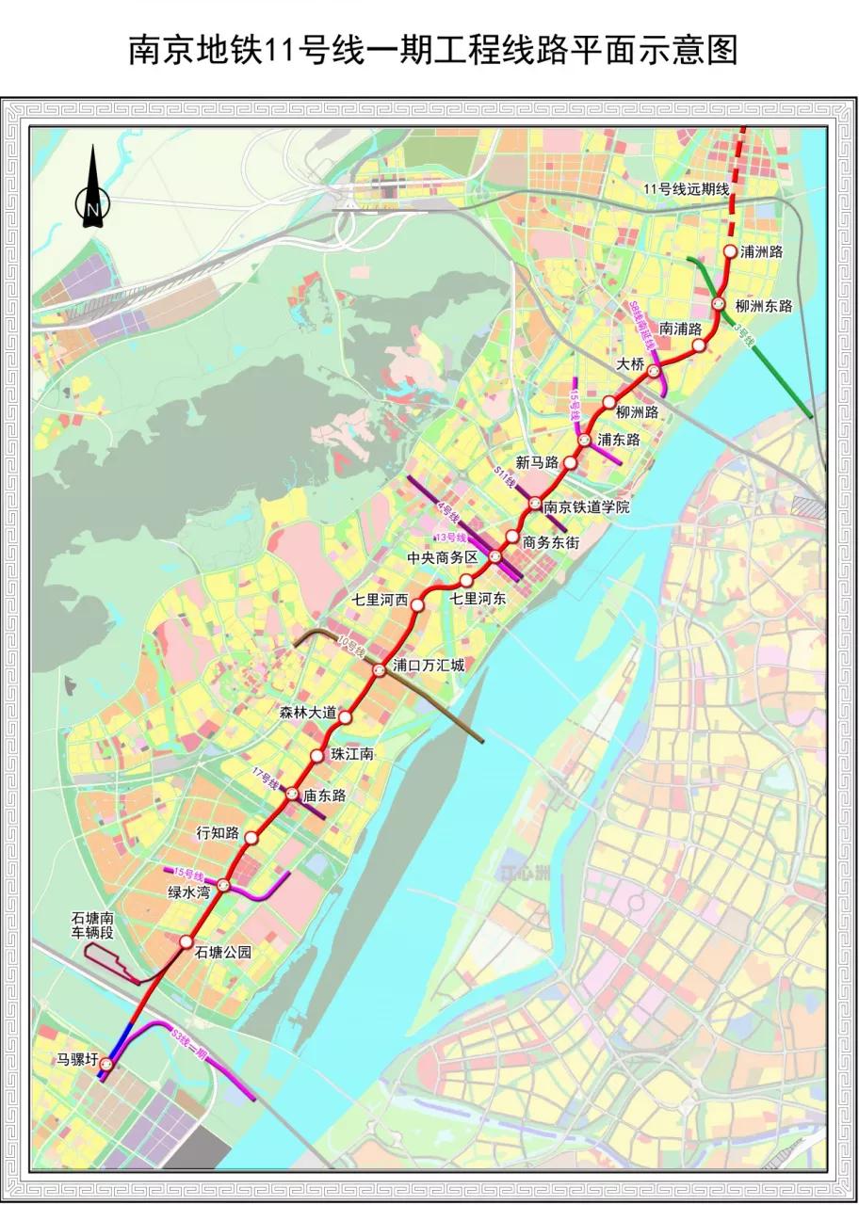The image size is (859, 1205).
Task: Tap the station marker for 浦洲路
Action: (730, 251)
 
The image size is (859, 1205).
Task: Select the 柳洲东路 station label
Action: (764, 306)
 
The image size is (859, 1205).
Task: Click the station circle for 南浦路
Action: (699, 345)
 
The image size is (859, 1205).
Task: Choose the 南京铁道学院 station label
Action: (586, 507)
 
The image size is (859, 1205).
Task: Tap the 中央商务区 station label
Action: (443, 557)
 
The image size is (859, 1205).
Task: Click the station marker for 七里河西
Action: (417, 604)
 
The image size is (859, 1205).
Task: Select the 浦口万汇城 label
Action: (429, 666)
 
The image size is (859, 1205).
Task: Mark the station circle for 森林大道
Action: (346, 717)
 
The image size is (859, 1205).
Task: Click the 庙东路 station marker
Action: (293, 795)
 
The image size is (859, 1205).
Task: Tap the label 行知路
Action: (217, 833)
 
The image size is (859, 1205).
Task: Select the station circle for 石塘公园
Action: (186, 941)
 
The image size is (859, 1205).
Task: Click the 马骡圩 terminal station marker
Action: (106, 1065)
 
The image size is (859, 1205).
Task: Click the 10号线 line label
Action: (349, 647)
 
